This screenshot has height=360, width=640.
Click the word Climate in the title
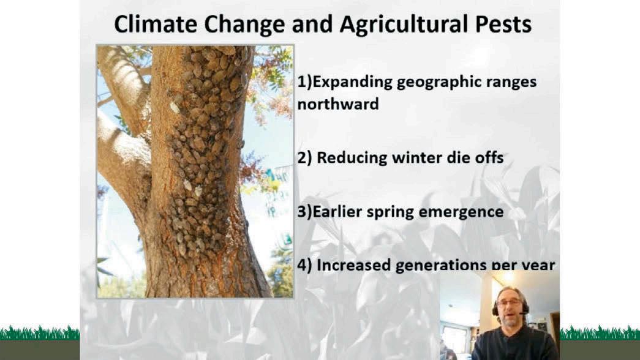click(156, 24)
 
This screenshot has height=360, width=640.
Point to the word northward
click(338, 103)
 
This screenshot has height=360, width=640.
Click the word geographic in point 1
click(432, 83)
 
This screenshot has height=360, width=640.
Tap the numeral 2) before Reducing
click(304, 158)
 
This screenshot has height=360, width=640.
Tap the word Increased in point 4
click(354, 265)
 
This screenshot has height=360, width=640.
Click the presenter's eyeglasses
click(510, 303)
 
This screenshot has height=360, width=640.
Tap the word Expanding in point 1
click(353, 83)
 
